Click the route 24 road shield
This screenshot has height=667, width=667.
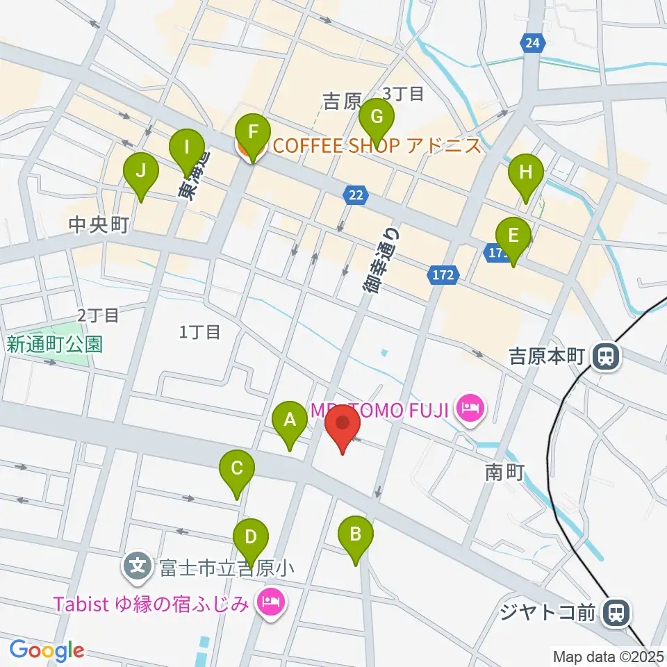point(532,43)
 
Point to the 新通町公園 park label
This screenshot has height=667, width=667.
point(56,344)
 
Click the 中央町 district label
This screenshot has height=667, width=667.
point(100,226)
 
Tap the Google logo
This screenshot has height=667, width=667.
point(47,650)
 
